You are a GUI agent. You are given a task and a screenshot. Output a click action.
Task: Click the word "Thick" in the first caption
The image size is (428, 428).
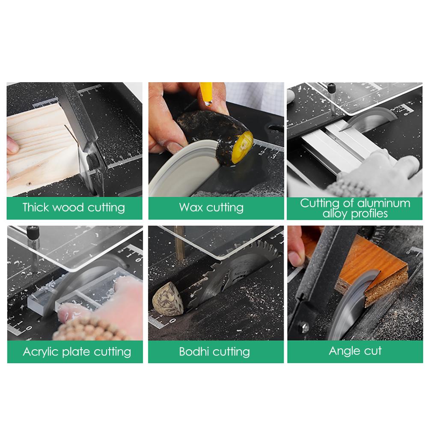pos(36,208)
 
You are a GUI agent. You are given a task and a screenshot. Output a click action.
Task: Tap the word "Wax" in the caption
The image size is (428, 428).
pos(191,208)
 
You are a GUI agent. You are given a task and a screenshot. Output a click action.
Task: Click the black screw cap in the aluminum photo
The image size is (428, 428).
pos(331,88)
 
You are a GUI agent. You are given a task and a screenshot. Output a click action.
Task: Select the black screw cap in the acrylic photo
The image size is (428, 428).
pos(33,233)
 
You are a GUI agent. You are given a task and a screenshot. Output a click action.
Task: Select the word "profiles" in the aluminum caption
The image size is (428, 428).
pos(369,214)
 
